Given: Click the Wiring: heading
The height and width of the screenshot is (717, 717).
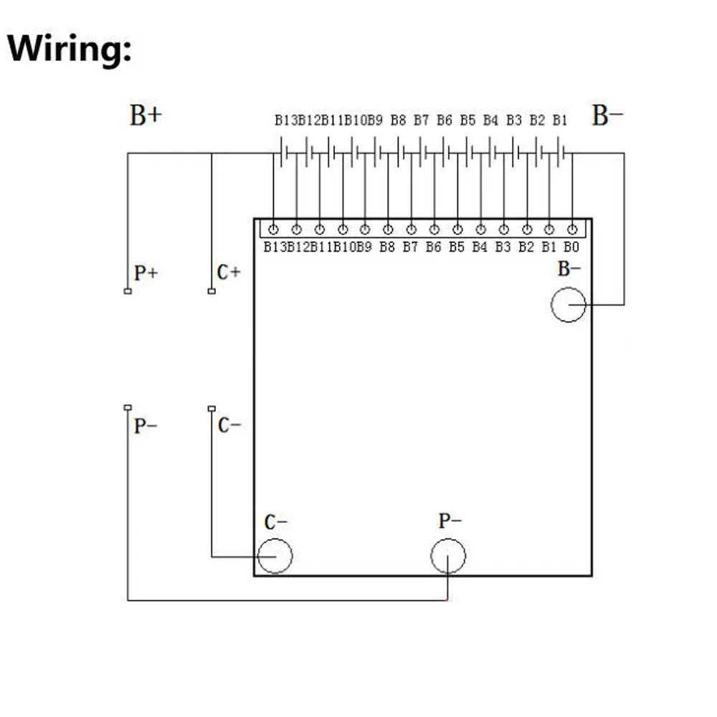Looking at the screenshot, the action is point(70,48).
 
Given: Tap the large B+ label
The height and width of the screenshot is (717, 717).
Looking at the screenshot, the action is point(146,115).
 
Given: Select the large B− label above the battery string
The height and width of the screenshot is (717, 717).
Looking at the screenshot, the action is point(607,115).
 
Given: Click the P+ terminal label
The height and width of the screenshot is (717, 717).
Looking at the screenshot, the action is point(146,273).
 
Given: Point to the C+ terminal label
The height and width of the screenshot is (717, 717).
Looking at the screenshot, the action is point(229,272).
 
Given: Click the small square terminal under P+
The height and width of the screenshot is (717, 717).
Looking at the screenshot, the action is point(128,291).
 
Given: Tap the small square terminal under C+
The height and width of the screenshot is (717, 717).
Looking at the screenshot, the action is point(212,291).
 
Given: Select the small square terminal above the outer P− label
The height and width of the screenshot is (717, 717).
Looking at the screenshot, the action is point(128,407).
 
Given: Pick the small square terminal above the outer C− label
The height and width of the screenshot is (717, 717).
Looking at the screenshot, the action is point(212,409).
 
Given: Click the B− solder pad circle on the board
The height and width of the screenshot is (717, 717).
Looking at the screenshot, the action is point(569,288).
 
